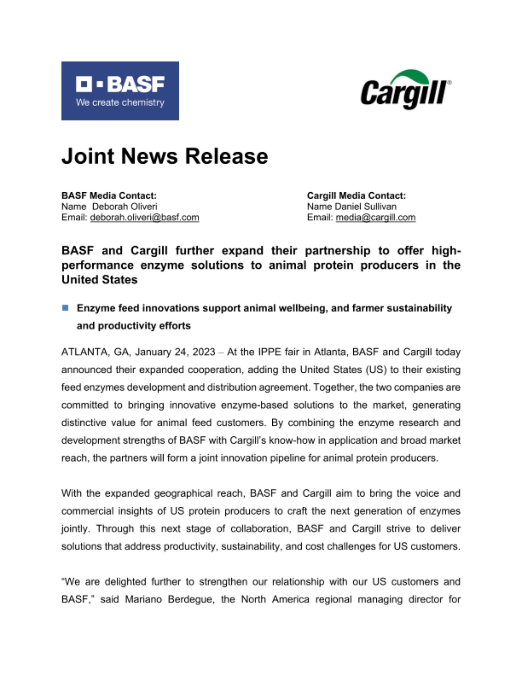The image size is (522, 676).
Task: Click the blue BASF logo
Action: (x=120, y=91)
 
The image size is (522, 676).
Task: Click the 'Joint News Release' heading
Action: (x=165, y=156)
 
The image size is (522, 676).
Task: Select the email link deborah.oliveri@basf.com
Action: (x=145, y=217)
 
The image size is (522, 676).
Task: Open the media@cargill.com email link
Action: (x=375, y=217)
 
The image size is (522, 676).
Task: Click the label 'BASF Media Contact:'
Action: (x=109, y=195)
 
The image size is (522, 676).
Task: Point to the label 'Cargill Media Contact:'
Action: (x=356, y=195)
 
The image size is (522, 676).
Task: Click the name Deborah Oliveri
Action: (x=125, y=206)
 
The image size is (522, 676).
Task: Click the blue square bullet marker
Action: (x=65, y=308)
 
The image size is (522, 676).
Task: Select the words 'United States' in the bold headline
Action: (x=99, y=280)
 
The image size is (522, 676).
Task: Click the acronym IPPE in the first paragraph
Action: (x=269, y=352)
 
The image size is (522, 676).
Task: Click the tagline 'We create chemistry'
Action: (x=120, y=102)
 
